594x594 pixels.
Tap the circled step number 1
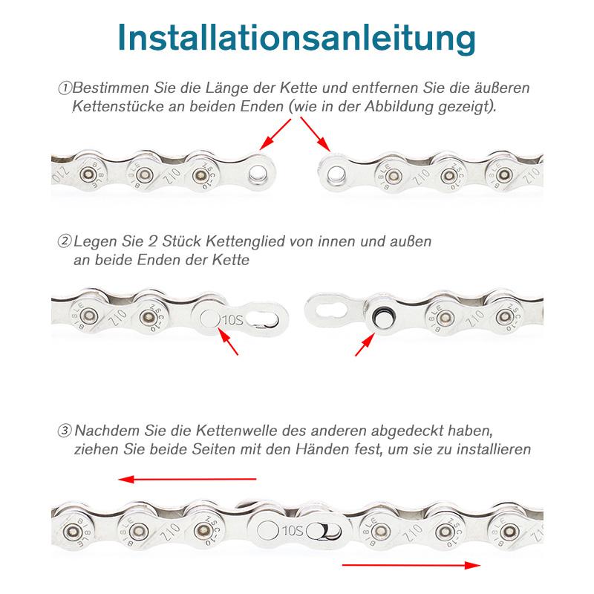tap(65, 88)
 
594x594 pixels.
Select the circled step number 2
tap(65, 241)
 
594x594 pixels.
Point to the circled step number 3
tap(65, 431)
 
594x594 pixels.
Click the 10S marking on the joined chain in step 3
tap(294, 530)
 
